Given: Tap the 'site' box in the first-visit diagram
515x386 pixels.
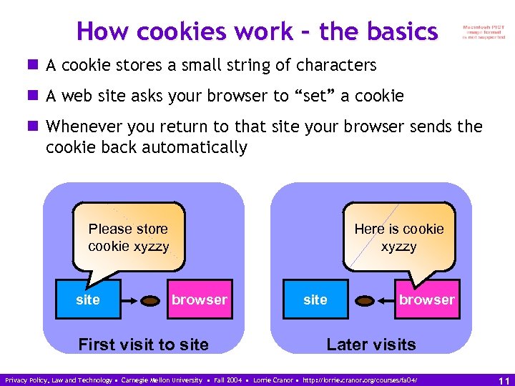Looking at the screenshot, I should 88,300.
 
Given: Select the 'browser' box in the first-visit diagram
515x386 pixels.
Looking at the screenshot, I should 199,300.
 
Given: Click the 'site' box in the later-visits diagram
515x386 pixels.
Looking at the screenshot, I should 315,300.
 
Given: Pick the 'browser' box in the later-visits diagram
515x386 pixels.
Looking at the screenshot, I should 426,300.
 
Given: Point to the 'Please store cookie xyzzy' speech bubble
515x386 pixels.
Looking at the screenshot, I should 129,237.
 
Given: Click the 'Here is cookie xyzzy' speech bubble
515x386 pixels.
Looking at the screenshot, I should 399,237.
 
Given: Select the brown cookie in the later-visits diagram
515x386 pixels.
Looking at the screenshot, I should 366,300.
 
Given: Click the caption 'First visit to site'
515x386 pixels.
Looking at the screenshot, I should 143,345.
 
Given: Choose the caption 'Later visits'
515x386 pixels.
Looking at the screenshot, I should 371,345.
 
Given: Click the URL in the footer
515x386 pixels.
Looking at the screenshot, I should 360,380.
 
